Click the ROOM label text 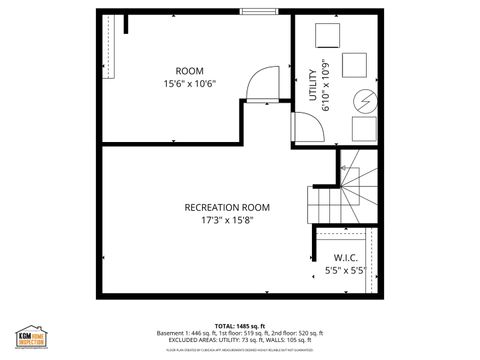click(x=190, y=70)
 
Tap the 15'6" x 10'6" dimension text click(x=190, y=84)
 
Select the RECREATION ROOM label click(x=227, y=207)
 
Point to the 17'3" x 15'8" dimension click(x=227, y=220)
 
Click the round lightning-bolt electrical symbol click(x=365, y=102)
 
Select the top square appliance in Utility click(x=329, y=35)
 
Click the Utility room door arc click(x=306, y=128)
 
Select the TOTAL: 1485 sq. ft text click(x=239, y=325)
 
